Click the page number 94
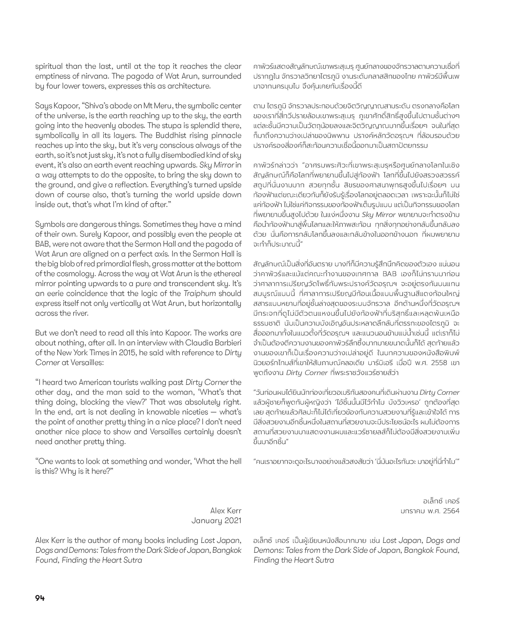click(x=40, y=598)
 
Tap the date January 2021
click(x=216, y=521)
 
